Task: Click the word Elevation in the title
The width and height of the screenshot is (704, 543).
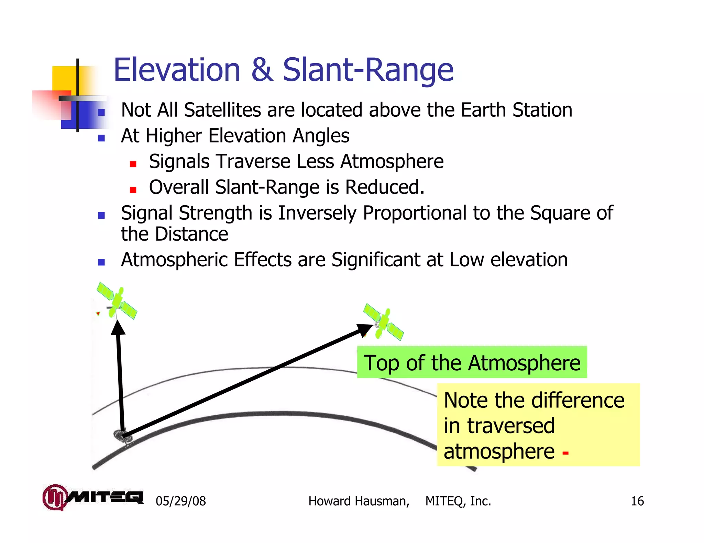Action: (x=177, y=70)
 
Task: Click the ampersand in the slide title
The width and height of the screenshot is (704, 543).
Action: (x=262, y=70)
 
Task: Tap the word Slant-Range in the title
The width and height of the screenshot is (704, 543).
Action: (x=368, y=70)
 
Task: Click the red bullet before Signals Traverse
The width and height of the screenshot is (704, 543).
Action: (x=133, y=164)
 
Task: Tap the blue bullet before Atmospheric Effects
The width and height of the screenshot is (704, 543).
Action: (x=101, y=262)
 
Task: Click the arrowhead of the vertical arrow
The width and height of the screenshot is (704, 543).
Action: (x=118, y=327)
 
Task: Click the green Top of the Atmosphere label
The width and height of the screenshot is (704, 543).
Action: (x=472, y=362)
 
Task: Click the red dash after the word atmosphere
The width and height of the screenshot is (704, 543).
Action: (x=565, y=453)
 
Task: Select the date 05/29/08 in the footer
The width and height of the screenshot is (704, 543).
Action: (x=181, y=501)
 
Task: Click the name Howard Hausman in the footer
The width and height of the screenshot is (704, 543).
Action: (x=359, y=501)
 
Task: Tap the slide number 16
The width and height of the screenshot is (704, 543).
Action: (x=637, y=501)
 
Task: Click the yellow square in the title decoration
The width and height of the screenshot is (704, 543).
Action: (x=65, y=78)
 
